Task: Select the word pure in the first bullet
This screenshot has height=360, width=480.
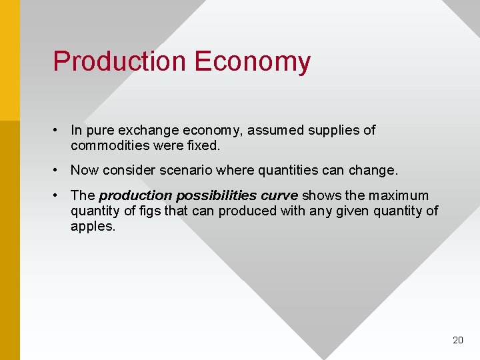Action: pyautogui.click(x=99, y=130)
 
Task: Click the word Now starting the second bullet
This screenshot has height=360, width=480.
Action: pyautogui.click(x=84, y=170)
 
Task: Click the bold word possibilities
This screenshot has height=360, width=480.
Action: pyautogui.click(x=215, y=196)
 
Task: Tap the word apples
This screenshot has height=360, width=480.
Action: pyautogui.click(x=93, y=226)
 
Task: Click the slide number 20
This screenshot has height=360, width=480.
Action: pyautogui.click(x=457, y=340)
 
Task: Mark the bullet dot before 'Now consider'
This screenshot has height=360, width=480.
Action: pyautogui.click(x=59, y=170)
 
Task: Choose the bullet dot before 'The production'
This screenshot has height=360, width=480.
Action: pyautogui.click(x=59, y=196)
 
